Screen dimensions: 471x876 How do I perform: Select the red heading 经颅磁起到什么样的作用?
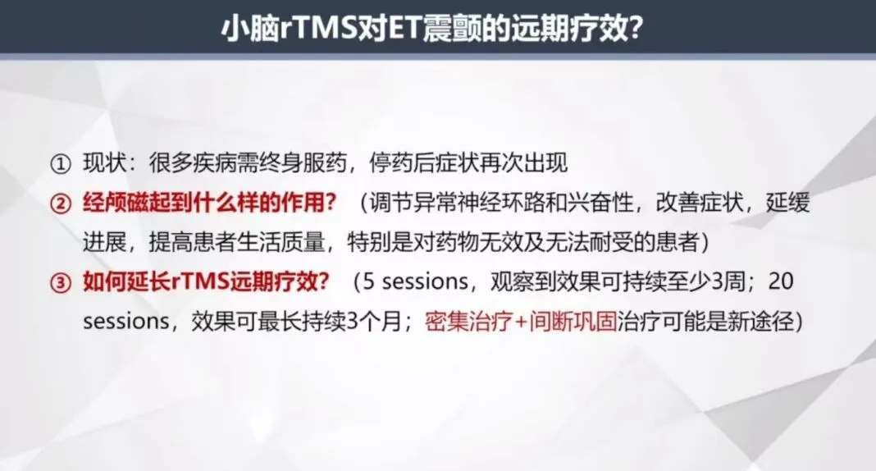[210, 203]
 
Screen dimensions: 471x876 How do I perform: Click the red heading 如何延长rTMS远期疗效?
[207, 282]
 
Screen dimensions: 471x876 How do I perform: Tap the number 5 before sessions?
[369, 282]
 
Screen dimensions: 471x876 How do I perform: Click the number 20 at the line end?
[782, 282]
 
